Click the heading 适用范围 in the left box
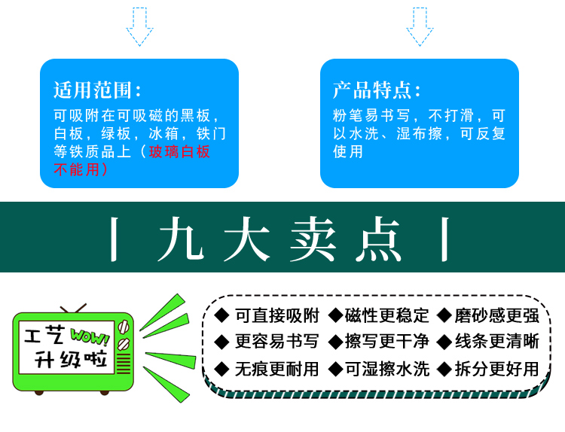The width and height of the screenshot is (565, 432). tap(97, 91)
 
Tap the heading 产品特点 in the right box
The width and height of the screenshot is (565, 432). tap(377, 91)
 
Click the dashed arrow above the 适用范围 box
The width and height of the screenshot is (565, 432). tap(139, 26)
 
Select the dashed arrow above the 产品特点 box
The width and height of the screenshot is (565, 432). tap(420, 26)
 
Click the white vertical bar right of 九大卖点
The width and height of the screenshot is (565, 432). tap(445, 239)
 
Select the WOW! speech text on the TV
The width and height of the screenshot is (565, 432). tap(89, 334)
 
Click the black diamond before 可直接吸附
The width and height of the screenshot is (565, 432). tap(221, 315)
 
